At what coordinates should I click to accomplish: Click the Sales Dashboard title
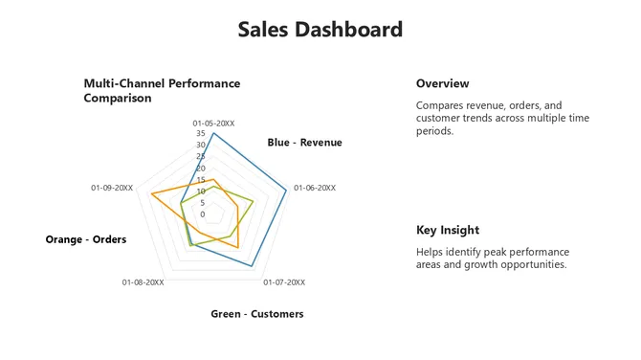pyautogui.click(x=320, y=30)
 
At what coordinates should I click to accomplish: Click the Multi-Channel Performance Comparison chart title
pyautogui.click(x=162, y=91)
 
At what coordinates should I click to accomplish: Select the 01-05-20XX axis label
pyautogui.click(x=213, y=123)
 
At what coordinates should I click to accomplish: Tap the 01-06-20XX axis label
pyautogui.click(x=315, y=188)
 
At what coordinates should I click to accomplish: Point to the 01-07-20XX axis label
pyautogui.click(x=283, y=282)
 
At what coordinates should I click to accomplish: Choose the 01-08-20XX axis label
pyautogui.click(x=144, y=282)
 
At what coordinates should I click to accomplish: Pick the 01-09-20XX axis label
pyautogui.click(x=112, y=188)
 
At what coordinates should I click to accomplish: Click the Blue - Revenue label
pyautogui.click(x=304, y=143)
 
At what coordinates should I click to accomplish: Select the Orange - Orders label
pyautogui.click(x=86, y=239)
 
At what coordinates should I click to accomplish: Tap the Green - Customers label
pyautogui.click(x=256, y=314)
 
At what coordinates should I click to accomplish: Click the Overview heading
pyautogui.click(x=442, y=83)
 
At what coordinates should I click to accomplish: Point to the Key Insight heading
pyautogui.click(x=448, y=230)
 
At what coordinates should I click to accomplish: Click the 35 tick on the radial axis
pyautogui.click(x=202, y=134)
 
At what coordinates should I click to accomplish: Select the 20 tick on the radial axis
pyautogui.click(x=202, y=169)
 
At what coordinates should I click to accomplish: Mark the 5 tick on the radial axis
pyautogui.click(x=203, y=203)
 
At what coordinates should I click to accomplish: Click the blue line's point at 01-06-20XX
pyautogui.click(x=287, y=191)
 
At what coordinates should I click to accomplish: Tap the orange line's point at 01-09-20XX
pyautogui.click(x=151, y=194)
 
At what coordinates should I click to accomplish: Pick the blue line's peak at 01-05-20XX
pyautogui.click(x=213, y=133)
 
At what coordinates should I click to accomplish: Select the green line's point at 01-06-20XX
pyautogui.click(x=254, y=201)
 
